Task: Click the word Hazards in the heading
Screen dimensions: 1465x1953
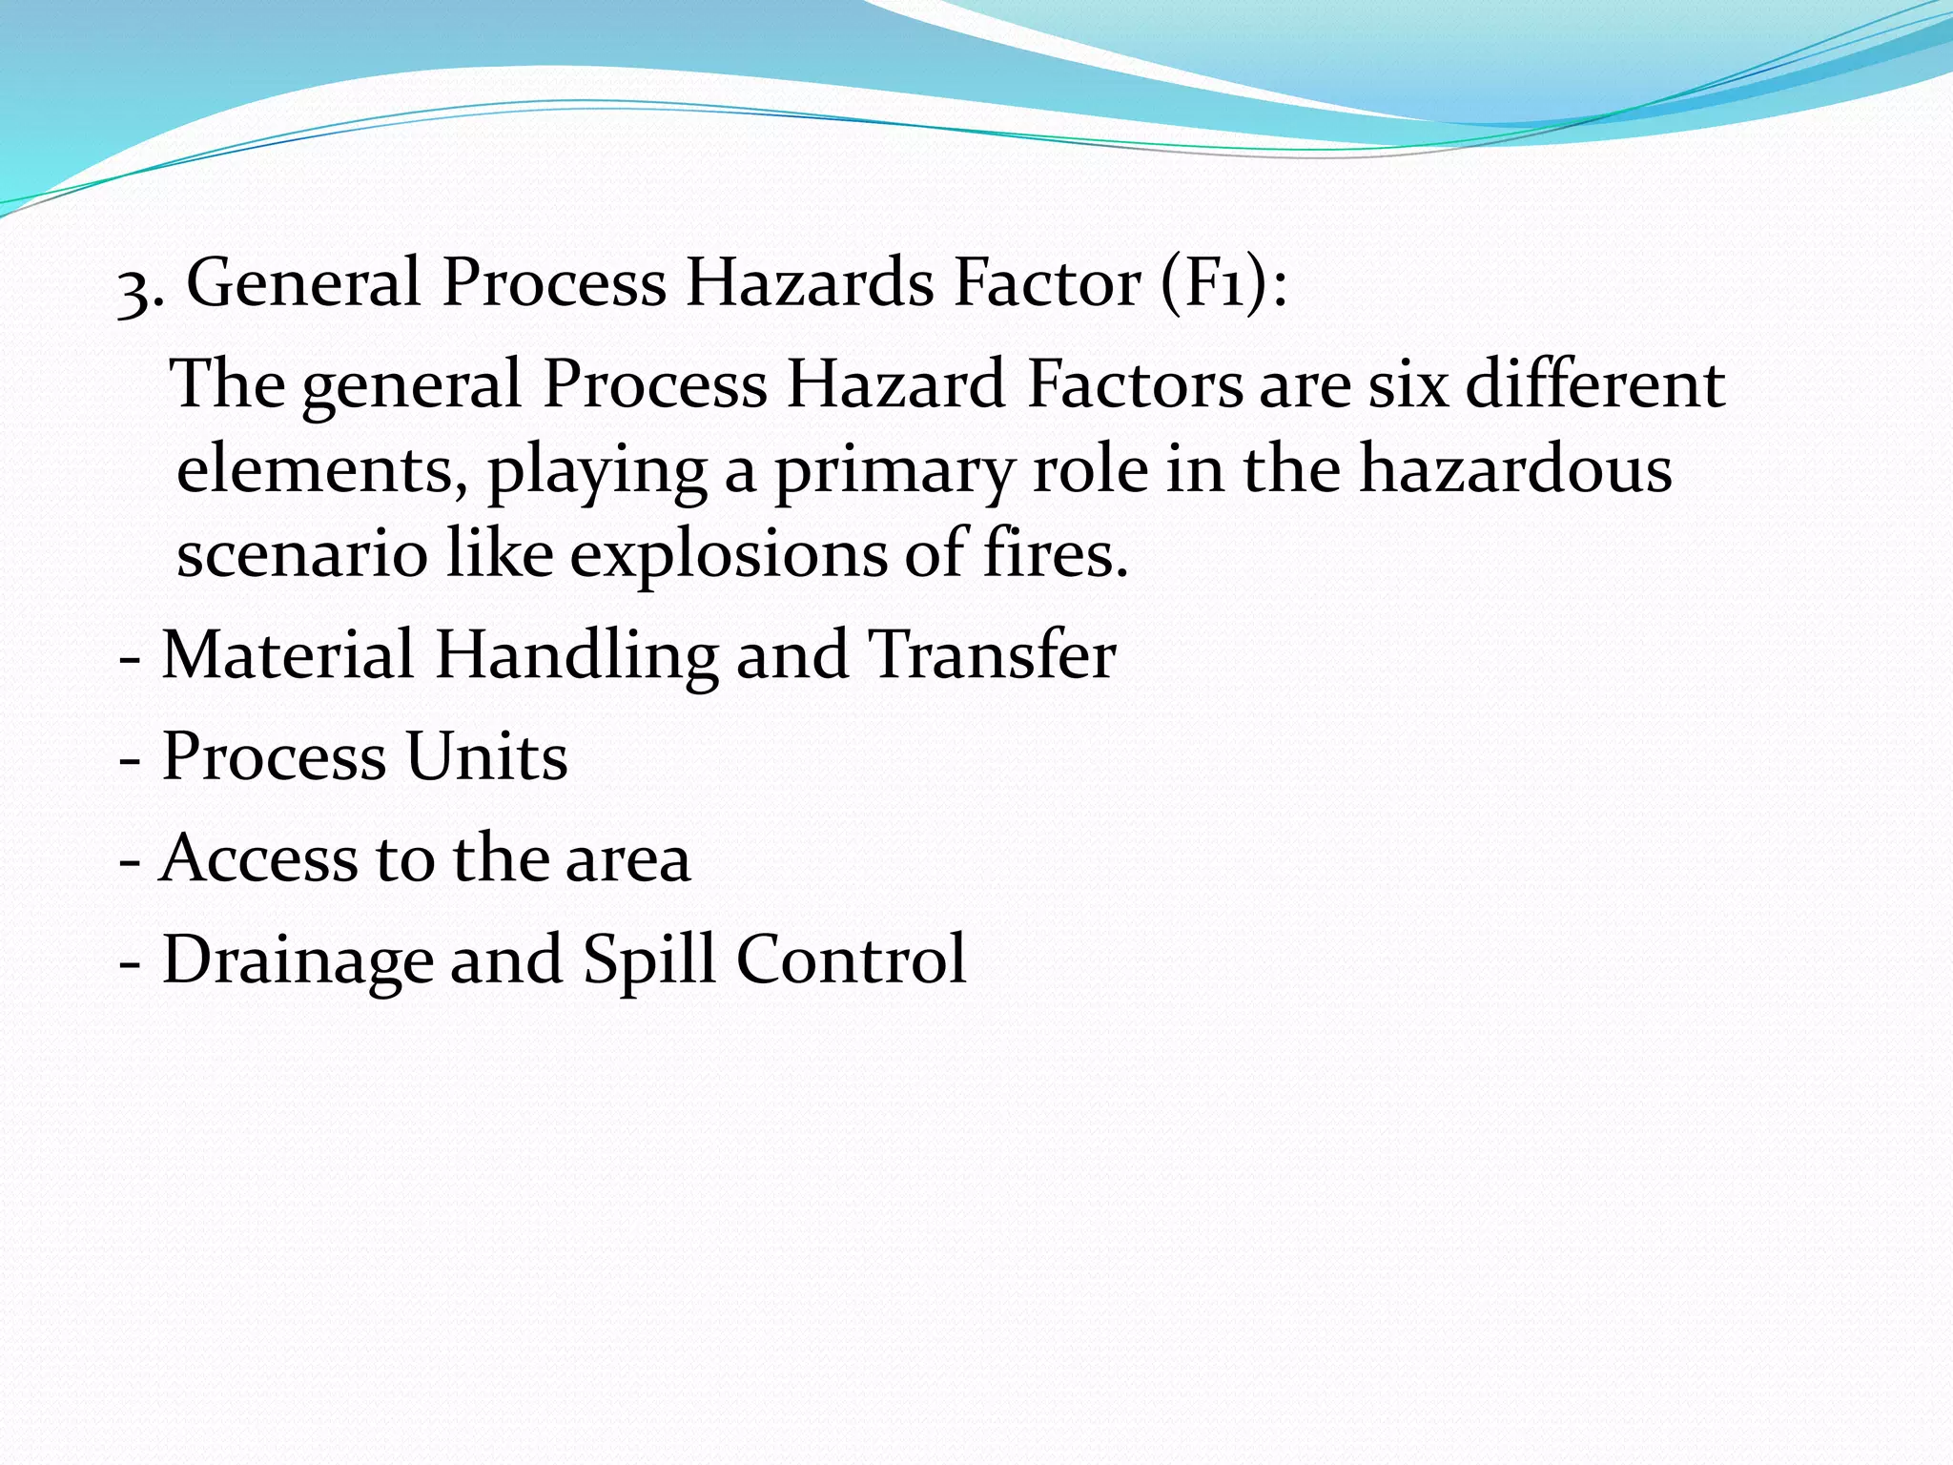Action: [810, 283]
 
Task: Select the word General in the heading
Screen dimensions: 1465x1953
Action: [303, 283]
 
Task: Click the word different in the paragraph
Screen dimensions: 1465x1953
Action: [1594, 384]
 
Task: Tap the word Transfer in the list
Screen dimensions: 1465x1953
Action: [992, 655]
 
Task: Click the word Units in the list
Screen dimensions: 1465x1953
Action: [486, 756]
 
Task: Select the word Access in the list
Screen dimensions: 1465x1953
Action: [257, 857]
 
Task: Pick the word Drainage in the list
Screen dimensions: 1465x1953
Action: [297, 960]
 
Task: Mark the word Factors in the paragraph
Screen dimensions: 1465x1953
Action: [1135, 384]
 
